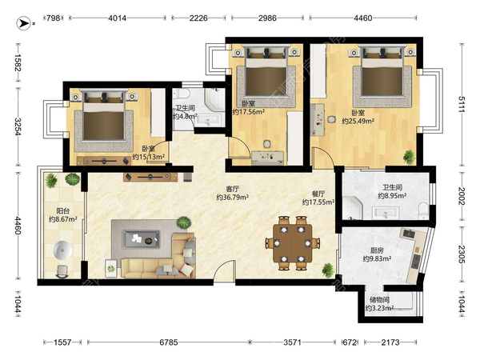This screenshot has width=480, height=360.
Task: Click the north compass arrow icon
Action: [x=23, y=23]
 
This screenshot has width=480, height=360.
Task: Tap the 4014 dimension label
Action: [x=118, y=18]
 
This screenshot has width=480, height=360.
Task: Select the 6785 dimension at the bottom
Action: [x=169, y=342]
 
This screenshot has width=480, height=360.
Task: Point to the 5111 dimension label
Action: [x=462, y=104]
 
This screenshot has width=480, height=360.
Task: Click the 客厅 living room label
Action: [x=232, y=189]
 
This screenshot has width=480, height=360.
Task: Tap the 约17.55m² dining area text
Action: [x=318, y=202]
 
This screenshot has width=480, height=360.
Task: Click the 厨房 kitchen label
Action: [x=377, y=250]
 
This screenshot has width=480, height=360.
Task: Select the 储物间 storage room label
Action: [x=379, y=300]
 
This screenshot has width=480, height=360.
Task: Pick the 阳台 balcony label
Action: [x=62, y=211]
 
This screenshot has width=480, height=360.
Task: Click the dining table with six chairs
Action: [x=293, y=243]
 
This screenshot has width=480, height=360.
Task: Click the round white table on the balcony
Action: [x=62, y=250]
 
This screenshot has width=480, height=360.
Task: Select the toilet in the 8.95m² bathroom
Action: [x=423, y=210]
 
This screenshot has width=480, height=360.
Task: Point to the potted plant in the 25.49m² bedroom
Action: [x=409, y=157]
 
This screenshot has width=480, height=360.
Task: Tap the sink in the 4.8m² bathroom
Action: [x=209, y=120]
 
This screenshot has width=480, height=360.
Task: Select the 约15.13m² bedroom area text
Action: [x=149, y=157]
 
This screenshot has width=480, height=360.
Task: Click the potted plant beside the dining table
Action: [x=327, y=270]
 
